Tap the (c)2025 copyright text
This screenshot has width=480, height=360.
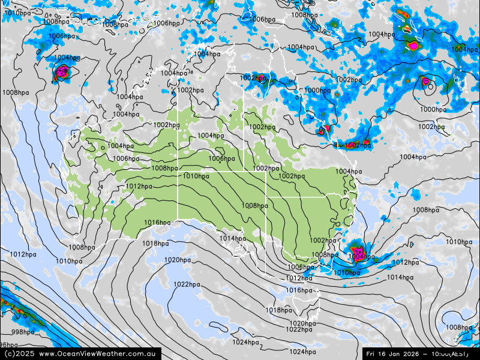tap(19, 353)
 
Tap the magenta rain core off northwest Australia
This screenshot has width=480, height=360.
tap(61, 73)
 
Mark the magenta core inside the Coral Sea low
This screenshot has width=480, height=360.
tap(425, 81)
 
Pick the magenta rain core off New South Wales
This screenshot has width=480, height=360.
tap(358, 252)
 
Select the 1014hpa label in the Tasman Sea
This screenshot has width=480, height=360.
tap(400, 277)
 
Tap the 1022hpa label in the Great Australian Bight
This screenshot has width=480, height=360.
tap(187, 284)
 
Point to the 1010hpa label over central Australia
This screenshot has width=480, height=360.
tap(196, 176)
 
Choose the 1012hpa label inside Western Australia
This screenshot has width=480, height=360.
tap(139, 187)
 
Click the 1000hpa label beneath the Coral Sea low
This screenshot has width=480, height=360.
tap(433, 110)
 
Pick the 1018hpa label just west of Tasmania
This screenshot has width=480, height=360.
tap(279, 310)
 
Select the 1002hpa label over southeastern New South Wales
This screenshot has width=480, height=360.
tap(323, 241)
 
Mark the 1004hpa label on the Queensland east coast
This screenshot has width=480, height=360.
tap(348, 172)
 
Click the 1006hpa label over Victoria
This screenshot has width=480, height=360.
tap(300, 268)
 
